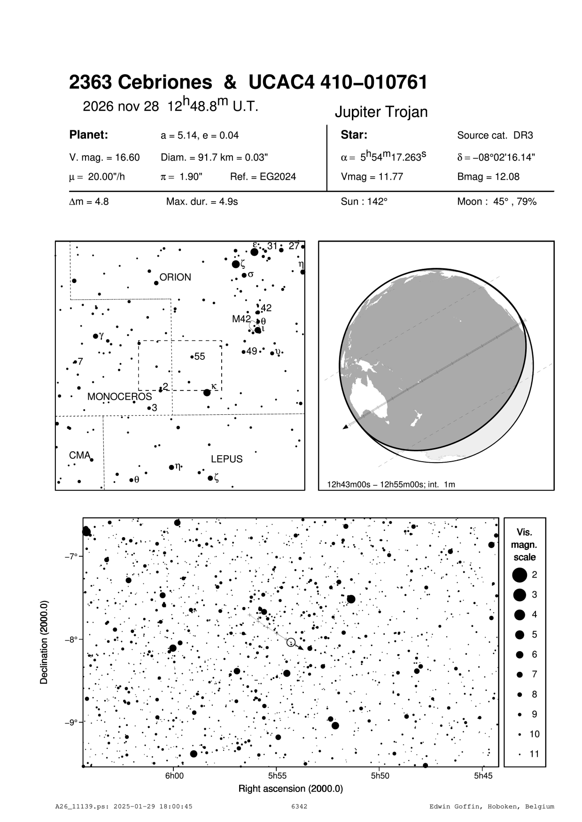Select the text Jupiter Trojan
click(x=381, y=112)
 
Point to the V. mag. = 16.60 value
click(x=104, y=158)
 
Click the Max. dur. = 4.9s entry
click(x=202, y=202)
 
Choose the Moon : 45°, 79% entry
click(x=497, y=202)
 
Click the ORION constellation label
click(x=175, y=277)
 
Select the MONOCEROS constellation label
click(x=120, y=396)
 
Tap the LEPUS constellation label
click(x=226, y=459)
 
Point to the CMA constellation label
click(x=79, y=455)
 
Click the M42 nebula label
click(x=241, y=319)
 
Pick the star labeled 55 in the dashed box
click(x=192, y=357)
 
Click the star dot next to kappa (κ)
click(x=207, y=392)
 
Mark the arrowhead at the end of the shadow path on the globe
click(x=346, y=426)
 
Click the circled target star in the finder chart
click(x=291, y=642)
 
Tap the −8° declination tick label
click(x=70, y=639)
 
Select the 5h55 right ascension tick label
click(x=277, y=776)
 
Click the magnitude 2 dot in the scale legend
click(x=519, y=574)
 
